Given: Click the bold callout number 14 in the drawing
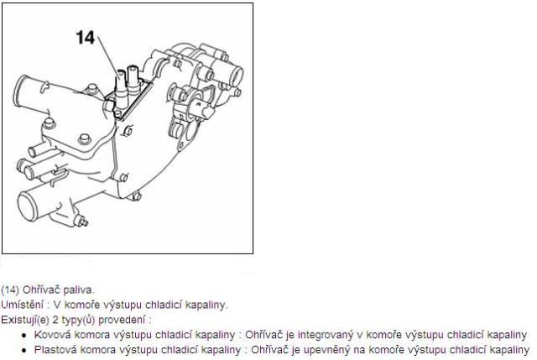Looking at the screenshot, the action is click(85, 37).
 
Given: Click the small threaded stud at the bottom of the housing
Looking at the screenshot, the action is click(82, 222).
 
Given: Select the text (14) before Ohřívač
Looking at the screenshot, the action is click(10, 290).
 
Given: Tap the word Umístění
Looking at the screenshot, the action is click(23, 305).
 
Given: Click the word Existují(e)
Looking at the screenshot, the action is click(25, 320).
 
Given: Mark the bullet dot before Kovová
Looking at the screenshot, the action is click(24, 336).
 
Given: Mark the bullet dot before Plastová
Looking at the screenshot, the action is click(24, 351).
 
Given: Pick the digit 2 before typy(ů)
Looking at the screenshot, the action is click(55, 320).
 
